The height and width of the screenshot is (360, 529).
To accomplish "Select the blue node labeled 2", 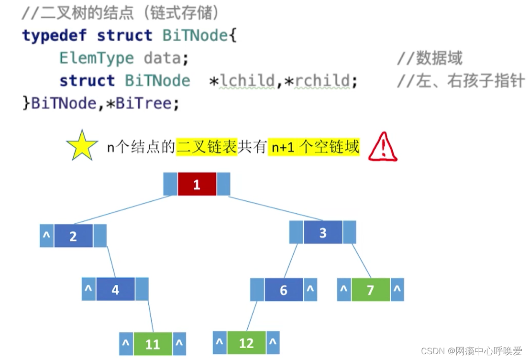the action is click(x=73, y=236).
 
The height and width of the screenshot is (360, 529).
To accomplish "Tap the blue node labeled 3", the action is click(x=323, y=233).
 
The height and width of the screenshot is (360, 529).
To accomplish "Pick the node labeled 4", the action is click(x=115, y=289).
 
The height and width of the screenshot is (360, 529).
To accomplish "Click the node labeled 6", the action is click(x=284, y=290).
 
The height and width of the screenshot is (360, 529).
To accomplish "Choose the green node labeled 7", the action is click(x=371, y=290).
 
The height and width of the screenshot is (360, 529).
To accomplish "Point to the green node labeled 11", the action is click(x=153, y=344).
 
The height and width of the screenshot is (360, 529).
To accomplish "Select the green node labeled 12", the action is click(x=246, y=343).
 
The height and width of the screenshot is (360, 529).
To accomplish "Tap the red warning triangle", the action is click(x=383, y=147).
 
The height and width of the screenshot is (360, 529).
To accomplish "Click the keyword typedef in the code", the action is click(x=55, y=36).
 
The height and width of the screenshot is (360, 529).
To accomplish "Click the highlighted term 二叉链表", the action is click(x=207, y=147).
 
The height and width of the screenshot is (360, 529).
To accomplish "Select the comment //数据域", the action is click(x=430, y=58).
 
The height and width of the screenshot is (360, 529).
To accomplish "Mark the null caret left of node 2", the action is click(x=47, y=236).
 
